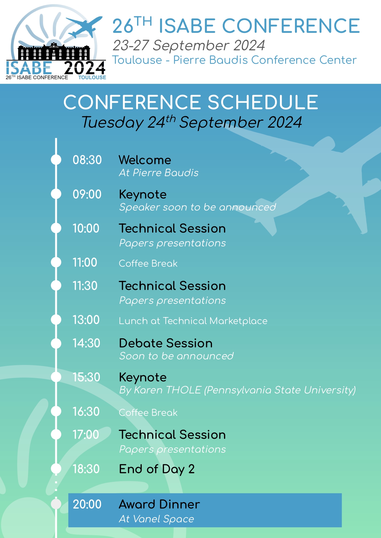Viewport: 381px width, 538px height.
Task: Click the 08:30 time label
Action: click(x=87, y=160)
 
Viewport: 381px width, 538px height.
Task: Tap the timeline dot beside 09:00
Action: click(x=56, y=194)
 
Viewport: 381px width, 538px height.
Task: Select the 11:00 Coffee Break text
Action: click(x=148, y=263)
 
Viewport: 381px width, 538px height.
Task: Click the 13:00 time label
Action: click(x=86, y=320)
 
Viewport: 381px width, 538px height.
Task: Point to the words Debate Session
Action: click(x=166, y=343)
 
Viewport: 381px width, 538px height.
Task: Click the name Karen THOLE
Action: click(x=168, y=390)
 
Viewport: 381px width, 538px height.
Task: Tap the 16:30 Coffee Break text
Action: click(x=148, y=412)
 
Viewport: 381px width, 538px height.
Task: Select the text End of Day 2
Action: click(x=157, y=469)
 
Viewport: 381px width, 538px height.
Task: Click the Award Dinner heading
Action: click(x=159, y=504)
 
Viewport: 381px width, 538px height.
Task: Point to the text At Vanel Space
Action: click(x=156, y=519)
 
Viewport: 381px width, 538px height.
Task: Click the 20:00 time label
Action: click(x=87, y=504)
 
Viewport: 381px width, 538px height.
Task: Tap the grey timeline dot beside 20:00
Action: click(x=56, y=504)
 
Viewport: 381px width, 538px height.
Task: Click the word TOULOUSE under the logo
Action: click(x=92, y=77)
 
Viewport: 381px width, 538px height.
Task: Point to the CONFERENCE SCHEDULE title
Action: click(x=190, y=102)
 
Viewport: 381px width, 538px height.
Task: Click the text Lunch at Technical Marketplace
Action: click(x=193, y=321)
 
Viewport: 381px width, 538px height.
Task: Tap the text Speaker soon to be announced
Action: click(x=197, y=207)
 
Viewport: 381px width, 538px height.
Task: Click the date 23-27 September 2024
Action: click(x=189, y=45)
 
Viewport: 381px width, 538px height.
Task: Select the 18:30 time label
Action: click(x=86, y=469)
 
